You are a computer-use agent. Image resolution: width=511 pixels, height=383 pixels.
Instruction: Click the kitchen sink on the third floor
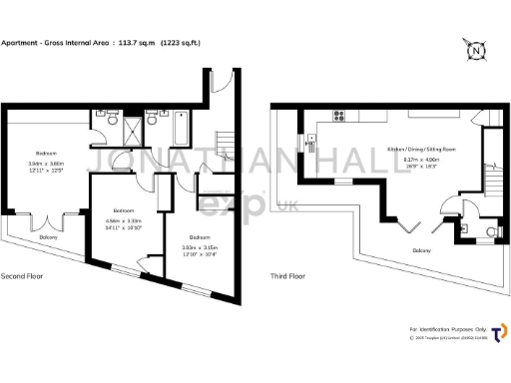click(x=310, y=147)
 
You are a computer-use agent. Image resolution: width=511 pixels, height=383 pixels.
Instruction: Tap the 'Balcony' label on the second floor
click(x=48, y=237)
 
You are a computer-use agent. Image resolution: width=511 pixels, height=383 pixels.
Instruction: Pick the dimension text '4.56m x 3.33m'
click(x=124, y=220)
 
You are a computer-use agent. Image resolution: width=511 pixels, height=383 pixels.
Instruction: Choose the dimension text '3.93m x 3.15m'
click(x=200, y=247)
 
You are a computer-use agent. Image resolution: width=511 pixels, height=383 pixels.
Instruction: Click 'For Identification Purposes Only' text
click(x=447, y=328)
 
